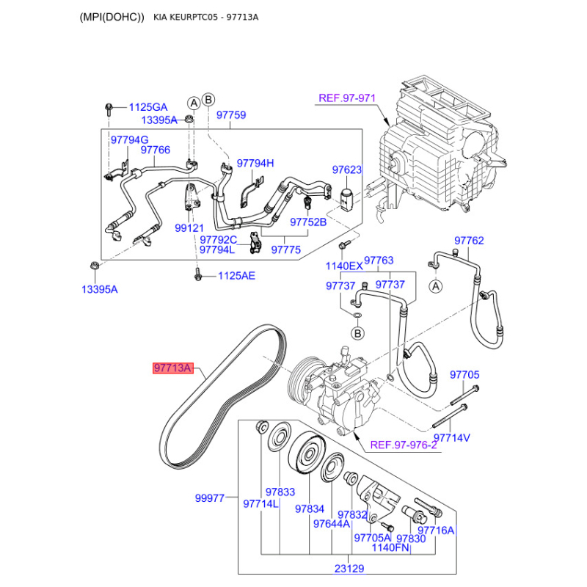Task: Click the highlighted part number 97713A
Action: tap(173, 368)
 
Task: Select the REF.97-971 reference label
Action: tap(346, 98)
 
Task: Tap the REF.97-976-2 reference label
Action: tap(403, 445)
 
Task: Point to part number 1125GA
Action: tap(148, 107)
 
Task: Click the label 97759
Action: tap(230, 114)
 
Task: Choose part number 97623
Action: tap(347, 169)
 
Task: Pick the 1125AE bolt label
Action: tap(236, 276)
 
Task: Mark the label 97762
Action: tap(469, 240)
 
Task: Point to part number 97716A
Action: tap(436, 531)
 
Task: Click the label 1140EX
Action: tap(344, 266)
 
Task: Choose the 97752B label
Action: tap(307, 222)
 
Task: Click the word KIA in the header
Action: tap(164, 17)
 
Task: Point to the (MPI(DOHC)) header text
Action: tap(112, 17)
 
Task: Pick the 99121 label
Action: tap(189, 228)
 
